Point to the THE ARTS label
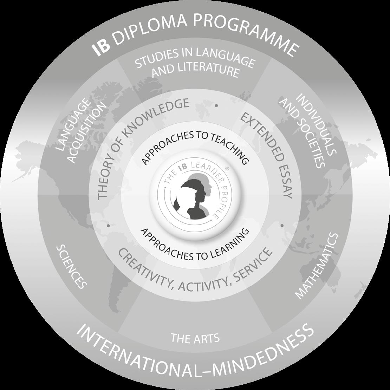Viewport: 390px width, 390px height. [x=195, y=338]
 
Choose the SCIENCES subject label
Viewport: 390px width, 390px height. [x=71, y=267]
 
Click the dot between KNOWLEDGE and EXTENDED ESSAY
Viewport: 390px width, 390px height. [x=216, y=105]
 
